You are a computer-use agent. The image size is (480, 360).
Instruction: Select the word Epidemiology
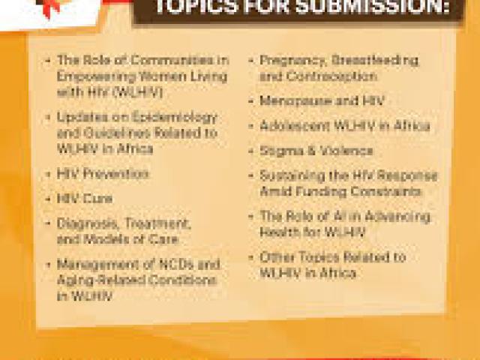(x=178, y=117)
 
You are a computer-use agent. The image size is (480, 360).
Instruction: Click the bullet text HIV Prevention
(x=103, y=174)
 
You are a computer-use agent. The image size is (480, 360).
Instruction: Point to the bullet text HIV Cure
(x=85, y=199)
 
